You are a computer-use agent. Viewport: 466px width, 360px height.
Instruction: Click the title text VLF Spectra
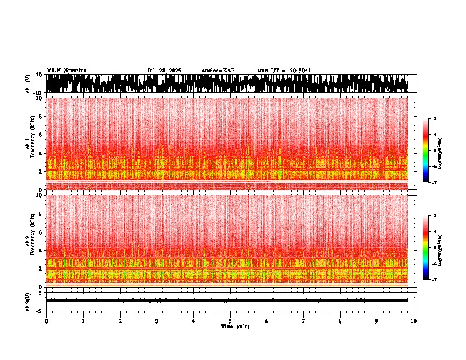click(x=66, y=70)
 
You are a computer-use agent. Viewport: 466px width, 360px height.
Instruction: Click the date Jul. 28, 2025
click(x=164, y=71)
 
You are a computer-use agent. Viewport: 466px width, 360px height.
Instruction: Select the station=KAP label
click(x=218, y=71)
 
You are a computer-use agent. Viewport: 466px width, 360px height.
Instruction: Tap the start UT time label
click(x=284, y=71)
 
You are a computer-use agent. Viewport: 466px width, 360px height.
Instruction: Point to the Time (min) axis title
click(x=235, y=326)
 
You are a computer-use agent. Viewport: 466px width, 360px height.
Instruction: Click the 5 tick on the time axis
click(x=230, y=321)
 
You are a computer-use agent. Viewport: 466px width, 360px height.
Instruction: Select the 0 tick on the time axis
click(x=46, y=321)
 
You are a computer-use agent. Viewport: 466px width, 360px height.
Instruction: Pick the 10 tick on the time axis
click(x=414, y=321)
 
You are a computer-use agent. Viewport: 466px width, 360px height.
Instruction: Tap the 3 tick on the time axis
click(x=157, y=321)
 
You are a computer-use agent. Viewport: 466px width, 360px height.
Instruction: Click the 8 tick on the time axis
click(x=340, y=321)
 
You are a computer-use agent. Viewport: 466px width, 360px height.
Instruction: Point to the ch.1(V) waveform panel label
click(x=29, y=84)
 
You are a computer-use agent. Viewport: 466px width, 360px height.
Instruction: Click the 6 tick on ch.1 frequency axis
click(x=41, y=135)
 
